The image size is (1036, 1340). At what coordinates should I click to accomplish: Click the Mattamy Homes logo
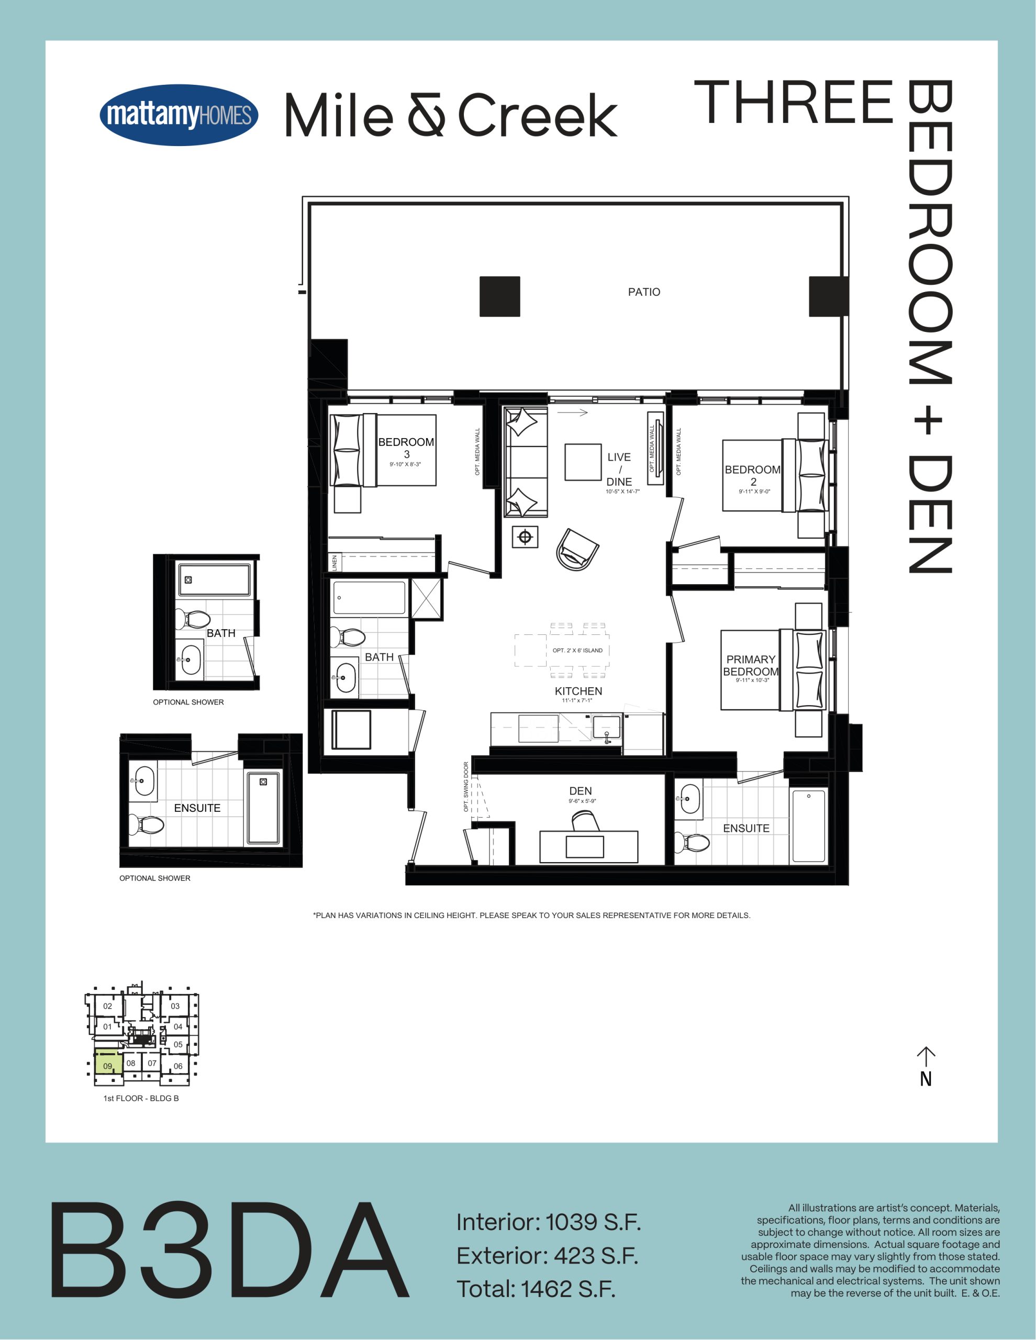[179, 115]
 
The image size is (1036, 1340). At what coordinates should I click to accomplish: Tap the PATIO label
[644, 292]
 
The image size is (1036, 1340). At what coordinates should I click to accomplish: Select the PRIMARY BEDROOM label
[751, 665]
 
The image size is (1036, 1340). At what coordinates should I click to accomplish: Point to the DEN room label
[581, 791]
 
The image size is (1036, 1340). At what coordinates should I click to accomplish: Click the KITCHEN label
[578, 691]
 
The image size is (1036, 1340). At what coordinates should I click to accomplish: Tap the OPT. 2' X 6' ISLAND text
[577, 650]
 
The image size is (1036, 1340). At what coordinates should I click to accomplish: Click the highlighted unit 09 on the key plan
[108, 1066]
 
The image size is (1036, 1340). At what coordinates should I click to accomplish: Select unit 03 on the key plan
[175, 1006]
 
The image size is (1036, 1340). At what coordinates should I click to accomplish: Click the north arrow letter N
[926, 1079]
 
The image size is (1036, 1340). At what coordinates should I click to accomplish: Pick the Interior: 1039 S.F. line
[548, 1223]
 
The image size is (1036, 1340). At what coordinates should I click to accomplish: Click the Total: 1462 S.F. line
[536, 1289]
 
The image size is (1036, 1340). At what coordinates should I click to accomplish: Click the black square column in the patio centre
[499, 296]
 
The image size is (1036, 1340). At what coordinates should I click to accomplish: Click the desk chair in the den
[585, 820]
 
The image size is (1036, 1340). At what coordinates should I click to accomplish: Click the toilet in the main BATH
[348, 637]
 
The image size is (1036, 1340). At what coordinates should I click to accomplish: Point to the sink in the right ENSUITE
[689, 799]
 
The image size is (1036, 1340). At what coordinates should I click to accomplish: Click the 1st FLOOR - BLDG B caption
[141, 1098]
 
